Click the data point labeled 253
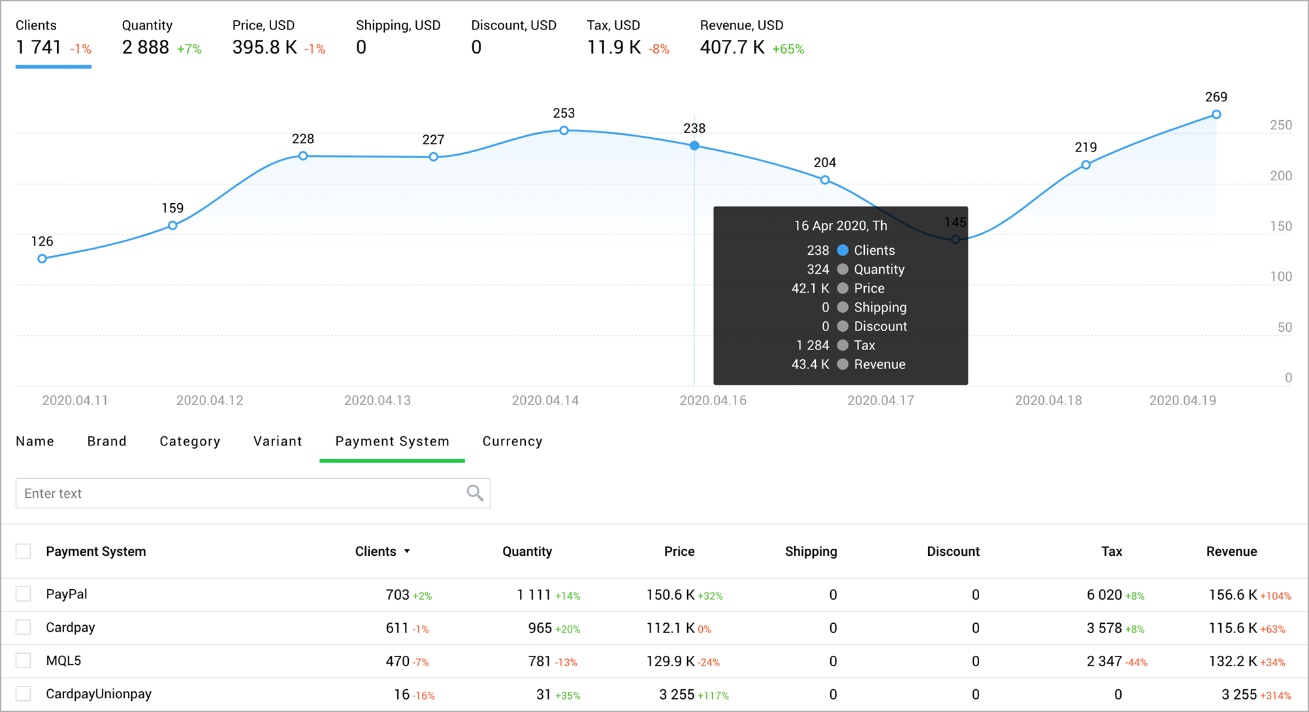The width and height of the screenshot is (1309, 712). (564, 131)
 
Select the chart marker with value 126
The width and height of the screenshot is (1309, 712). (42, 259)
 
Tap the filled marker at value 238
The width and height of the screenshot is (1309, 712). (694, 146)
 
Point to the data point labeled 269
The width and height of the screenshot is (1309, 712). (1216, 114)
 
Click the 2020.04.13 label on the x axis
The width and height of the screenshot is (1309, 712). (378, 400)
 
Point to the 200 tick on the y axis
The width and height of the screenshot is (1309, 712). (1280, 176)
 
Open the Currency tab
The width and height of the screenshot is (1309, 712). (512, 442)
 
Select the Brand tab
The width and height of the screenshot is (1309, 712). (106, 442)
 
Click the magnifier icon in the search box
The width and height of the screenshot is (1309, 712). (475, 493)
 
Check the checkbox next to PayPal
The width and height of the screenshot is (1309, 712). (24, 594)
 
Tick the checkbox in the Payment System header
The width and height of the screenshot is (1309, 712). (24, 551)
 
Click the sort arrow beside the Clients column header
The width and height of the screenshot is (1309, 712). (407, 551)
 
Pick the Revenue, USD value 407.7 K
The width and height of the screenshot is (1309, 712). (732, 48)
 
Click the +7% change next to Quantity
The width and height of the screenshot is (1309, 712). (189, 49)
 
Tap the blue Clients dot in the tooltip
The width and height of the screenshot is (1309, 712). (843, 250)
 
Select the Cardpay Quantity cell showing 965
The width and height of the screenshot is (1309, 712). (540, 628)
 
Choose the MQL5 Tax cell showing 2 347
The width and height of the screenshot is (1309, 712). (1104, 661)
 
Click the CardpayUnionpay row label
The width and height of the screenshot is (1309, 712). (99, 694)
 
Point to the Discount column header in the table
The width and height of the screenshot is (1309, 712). (953, 551)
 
